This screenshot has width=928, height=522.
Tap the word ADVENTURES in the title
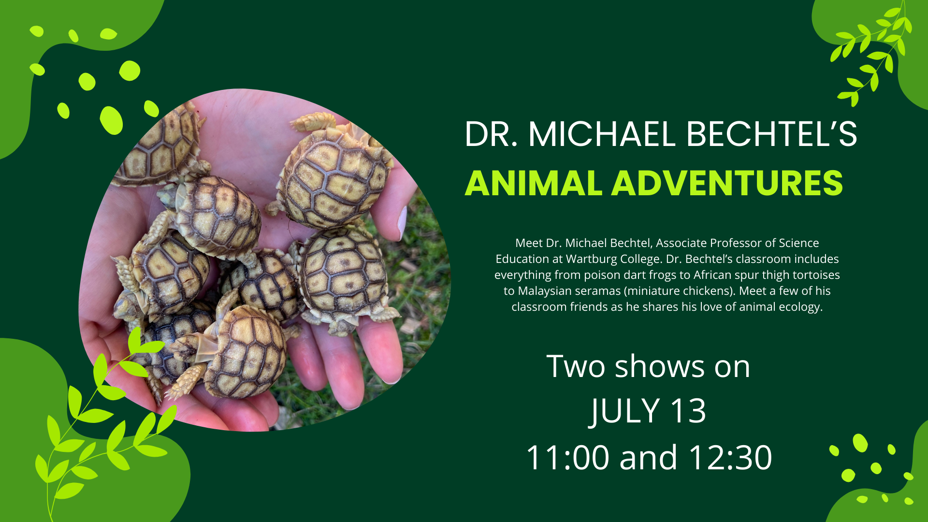tap(727, 184)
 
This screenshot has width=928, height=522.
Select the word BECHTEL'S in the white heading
tap(771, 134)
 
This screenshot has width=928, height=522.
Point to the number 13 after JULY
tap(688, 411)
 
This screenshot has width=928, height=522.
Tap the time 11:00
tap(567, 457)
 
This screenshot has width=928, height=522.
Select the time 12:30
tap(730, 457)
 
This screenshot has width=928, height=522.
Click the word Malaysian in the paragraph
tap(545, 291)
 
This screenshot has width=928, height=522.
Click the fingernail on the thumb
tap(402, 222)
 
